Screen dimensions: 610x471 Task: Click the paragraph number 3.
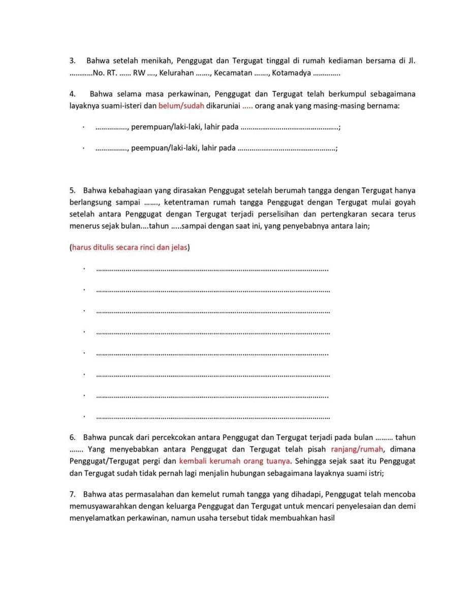point(72,60)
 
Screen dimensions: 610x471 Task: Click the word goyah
point(405,202)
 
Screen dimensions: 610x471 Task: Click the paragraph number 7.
point(72,494)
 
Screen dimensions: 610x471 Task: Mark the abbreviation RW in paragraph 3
point(138,73)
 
